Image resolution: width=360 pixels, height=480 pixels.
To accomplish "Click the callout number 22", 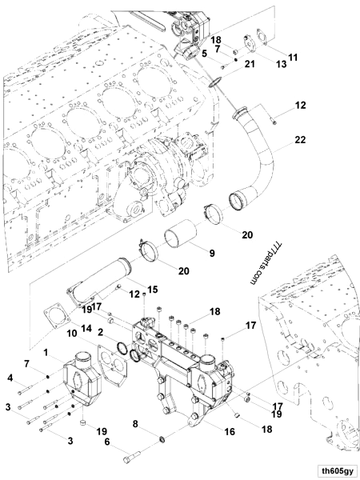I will pos(299,141).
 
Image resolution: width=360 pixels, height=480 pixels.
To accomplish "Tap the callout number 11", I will pos(294,57).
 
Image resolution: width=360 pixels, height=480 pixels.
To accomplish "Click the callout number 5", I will pos(204,53).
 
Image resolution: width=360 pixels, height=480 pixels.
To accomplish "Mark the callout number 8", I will pos(135,423).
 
